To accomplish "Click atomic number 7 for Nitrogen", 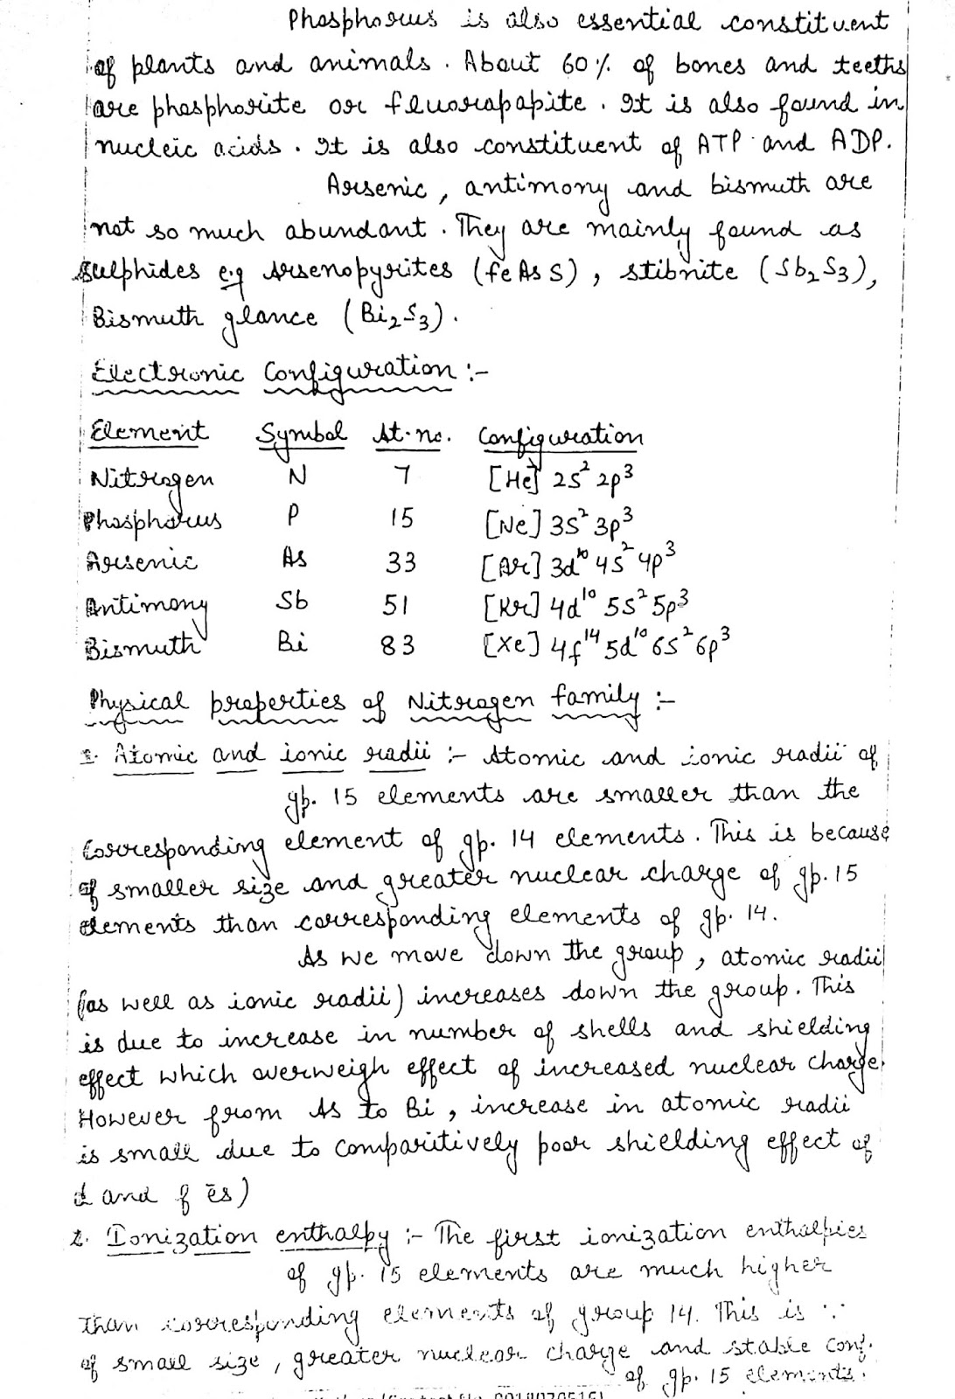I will (x=401, y=477).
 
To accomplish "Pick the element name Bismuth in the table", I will (x=144, y=647).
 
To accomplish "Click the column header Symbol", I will (x=301, y=433).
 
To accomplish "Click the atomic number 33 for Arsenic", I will (x=401, y=562).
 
